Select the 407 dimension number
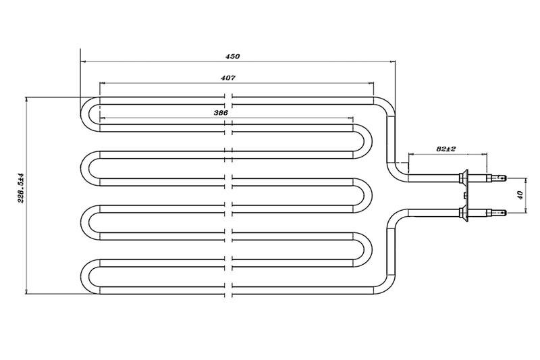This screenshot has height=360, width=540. pyautogui.click(x=227, y=78)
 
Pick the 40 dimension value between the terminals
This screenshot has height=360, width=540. pyautogui.click(x=518, y=195)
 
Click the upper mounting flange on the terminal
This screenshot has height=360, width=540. pyautogui.click(x=463, y=178)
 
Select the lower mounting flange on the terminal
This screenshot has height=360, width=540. pyautogui.click(x=463, y=213)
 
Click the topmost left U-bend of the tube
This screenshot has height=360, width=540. pyautogui.click(x=86, y=113)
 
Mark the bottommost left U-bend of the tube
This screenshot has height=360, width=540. pyautogui.click(x=87, y=276)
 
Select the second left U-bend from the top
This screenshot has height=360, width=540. pyautogui.click(x=87, y=166)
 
